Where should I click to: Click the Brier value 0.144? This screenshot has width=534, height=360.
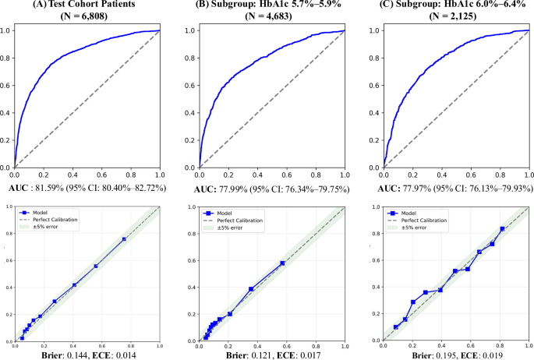coord(74,354)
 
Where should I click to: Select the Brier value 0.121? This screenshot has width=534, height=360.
coord(257,354)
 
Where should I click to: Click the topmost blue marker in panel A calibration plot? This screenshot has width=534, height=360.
coord(124,239)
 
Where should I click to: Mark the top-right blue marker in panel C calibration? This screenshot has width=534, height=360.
coord(503,228)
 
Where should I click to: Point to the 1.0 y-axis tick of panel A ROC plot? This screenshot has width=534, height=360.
coord(6,31)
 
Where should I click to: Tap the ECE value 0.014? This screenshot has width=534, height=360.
coord(121,354)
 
